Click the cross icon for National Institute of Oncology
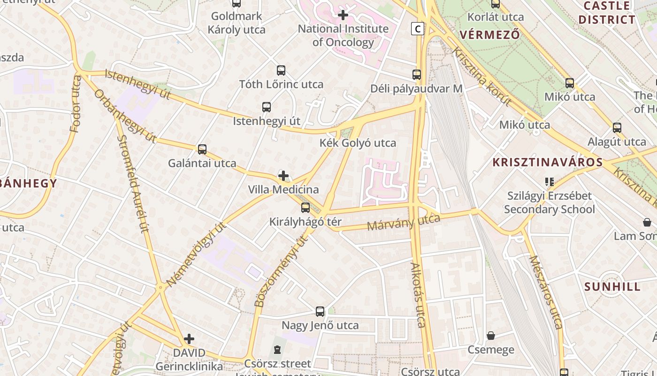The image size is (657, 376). pyautogui.click(x=343, y=15)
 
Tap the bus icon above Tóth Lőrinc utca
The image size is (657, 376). pyautogui.click(x=281, y=70)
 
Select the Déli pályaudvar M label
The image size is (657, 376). pyautogui.click(x=416, y=88)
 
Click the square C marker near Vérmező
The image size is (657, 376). pyautogui.click(x=417, y=29)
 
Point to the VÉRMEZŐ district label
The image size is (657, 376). pyautogui.click(x=490, y=35)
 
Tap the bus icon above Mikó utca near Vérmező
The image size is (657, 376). pyautogui.click(x=569, y=83)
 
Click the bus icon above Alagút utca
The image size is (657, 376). pyautogui.click(x=617, y=128)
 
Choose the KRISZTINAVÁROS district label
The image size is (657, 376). pyautogui.click(x=547, y=163)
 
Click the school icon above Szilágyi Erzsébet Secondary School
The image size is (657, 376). pyautogui.click(x=549, y=181)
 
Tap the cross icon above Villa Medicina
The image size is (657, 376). pyautogui.click(x=283, y=176)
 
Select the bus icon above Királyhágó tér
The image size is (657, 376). pyautogui.click(x=306, y=208)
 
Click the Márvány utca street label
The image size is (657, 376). pyautogui.click(x=404, y=222)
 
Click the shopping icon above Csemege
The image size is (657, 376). pyautogui.click(x=491, y=336)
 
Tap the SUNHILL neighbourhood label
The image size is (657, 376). pyautogui.click(x=612, y=287)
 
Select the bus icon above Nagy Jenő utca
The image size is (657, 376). pyautogui.click(x=320, y=311)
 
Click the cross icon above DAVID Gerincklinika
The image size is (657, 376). pyautogui.click(x=189, y=339)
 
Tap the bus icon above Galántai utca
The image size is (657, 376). pyautogui.click(x=202, y=149)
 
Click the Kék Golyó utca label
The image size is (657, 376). pyautogui.click(x=358, y=143)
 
